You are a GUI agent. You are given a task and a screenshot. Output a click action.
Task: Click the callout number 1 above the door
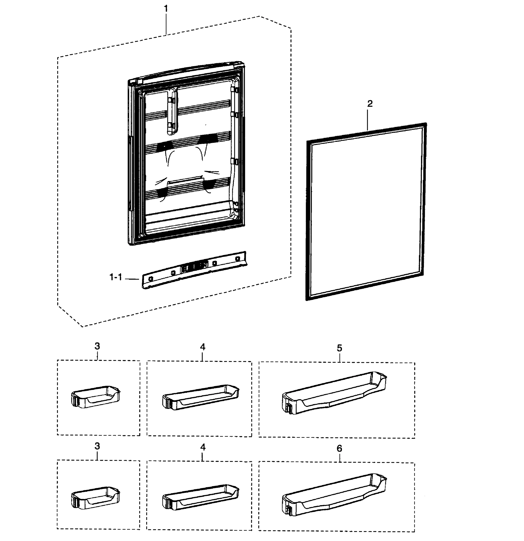coord(166,9)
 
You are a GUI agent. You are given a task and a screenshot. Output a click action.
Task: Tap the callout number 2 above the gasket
coord(370,104)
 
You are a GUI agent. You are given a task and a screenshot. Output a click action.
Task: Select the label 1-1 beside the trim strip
coord(116,277)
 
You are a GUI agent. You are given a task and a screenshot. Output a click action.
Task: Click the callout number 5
coord(339,348)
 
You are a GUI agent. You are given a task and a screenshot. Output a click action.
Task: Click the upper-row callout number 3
coord(97,346)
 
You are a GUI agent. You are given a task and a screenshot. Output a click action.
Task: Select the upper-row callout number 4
coord(203,347)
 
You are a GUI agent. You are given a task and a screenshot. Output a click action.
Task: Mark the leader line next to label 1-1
coord(132,279)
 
